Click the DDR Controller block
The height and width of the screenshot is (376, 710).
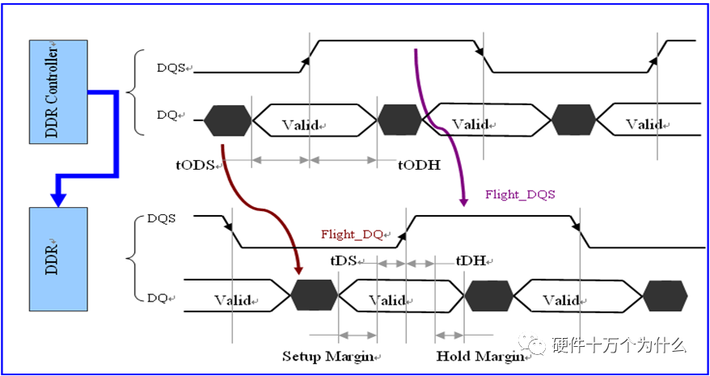pos(58,92)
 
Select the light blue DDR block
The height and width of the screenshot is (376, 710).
pos(58,259)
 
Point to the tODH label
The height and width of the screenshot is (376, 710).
pos(420,165)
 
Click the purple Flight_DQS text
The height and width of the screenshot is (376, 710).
pos(520,195)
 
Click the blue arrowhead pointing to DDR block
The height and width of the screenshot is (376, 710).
pos(58,200)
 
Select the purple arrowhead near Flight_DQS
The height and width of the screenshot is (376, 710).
pos(463,201)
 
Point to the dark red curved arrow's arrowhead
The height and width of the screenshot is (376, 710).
pos(298,269)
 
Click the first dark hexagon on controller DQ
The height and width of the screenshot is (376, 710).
pos(228,120)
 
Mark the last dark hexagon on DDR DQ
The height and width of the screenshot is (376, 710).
pos(666,296)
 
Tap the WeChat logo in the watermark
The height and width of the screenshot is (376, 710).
pos(532,344)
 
